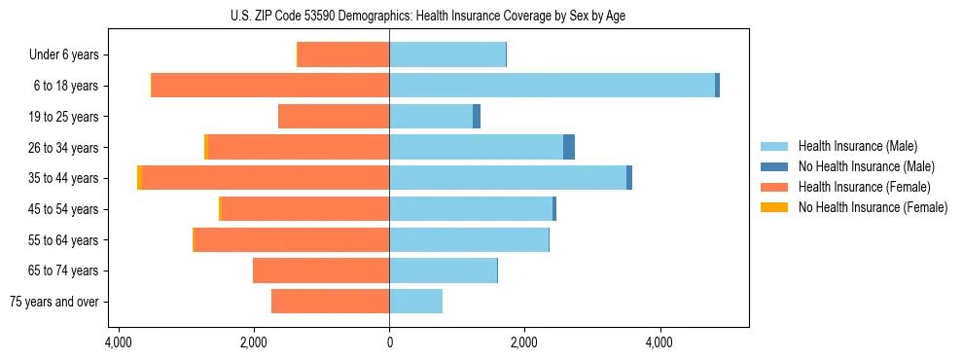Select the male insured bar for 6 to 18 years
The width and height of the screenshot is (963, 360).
pos(552,86)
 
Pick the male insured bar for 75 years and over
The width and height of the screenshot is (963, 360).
pos(415,302)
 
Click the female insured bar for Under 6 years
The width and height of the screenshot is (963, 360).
pos(343,54)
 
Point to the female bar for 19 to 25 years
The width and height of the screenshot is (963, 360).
pos(334,117)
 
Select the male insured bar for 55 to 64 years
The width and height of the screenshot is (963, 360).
pos(469,239)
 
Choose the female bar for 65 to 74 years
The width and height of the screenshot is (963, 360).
pos(321,270)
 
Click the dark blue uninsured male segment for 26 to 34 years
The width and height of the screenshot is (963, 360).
pos(569,147)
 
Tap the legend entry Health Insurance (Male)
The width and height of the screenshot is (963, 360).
pos(857,146)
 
